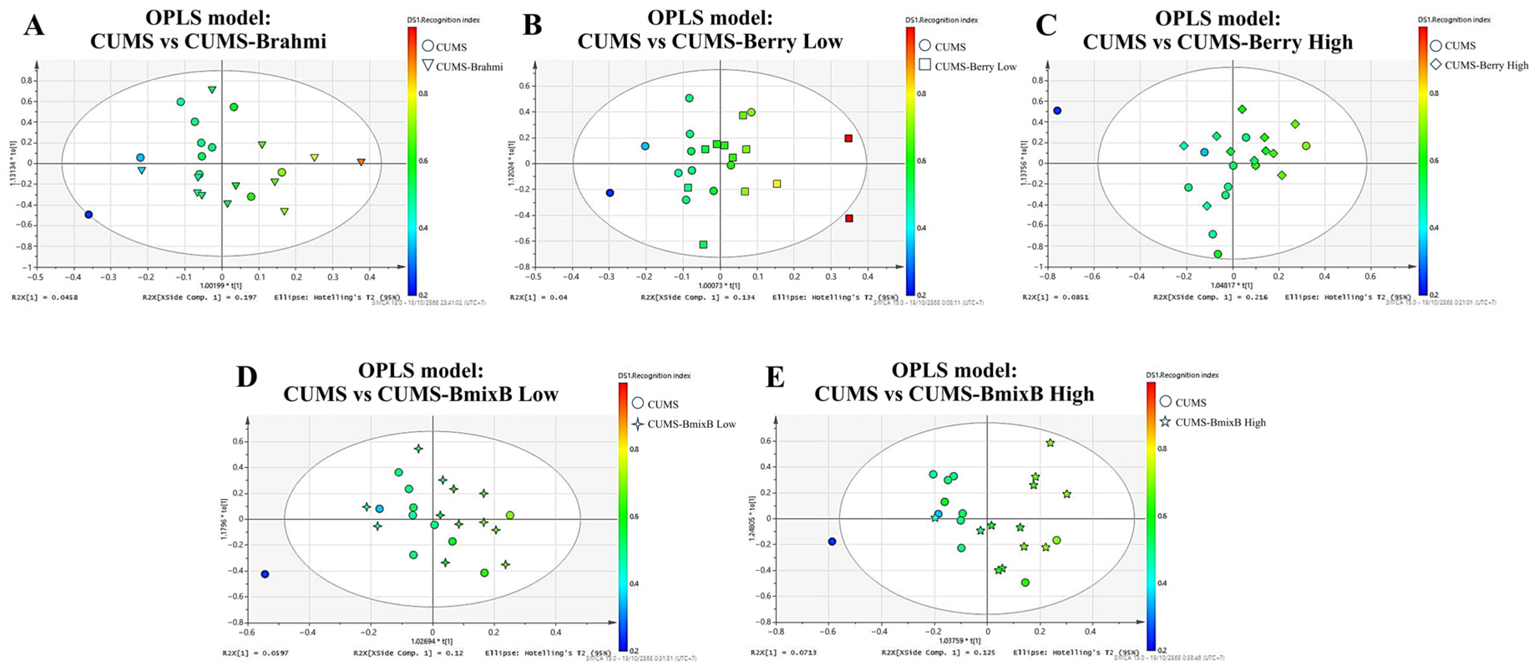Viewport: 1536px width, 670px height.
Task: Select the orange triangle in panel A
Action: pos(361,162)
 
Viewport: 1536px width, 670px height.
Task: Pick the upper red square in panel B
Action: pos(848,138)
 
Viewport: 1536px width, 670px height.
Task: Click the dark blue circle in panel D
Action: pos(265,574)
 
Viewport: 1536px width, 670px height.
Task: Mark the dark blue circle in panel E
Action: pos(832,541)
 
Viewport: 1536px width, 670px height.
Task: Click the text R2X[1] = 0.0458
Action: pos(45,297)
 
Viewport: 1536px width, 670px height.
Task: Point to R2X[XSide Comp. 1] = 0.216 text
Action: pos(1210,297)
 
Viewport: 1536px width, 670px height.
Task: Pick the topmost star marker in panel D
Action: pos(419,448)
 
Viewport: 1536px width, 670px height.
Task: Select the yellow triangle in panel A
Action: pos(314,158)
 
